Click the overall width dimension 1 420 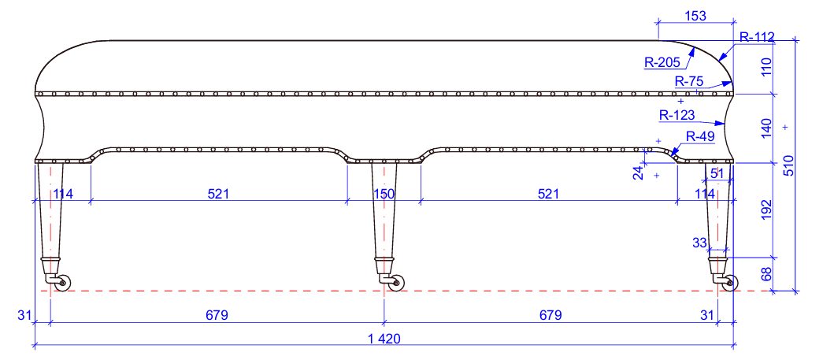click(384, 339)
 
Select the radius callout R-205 click(662, 63)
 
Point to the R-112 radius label click(758, 37)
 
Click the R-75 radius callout click(689, 81)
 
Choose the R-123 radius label click(677, 115)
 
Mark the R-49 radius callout click(700, 136)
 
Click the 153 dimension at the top click(695, 16)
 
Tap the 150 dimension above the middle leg click(384, 194)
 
